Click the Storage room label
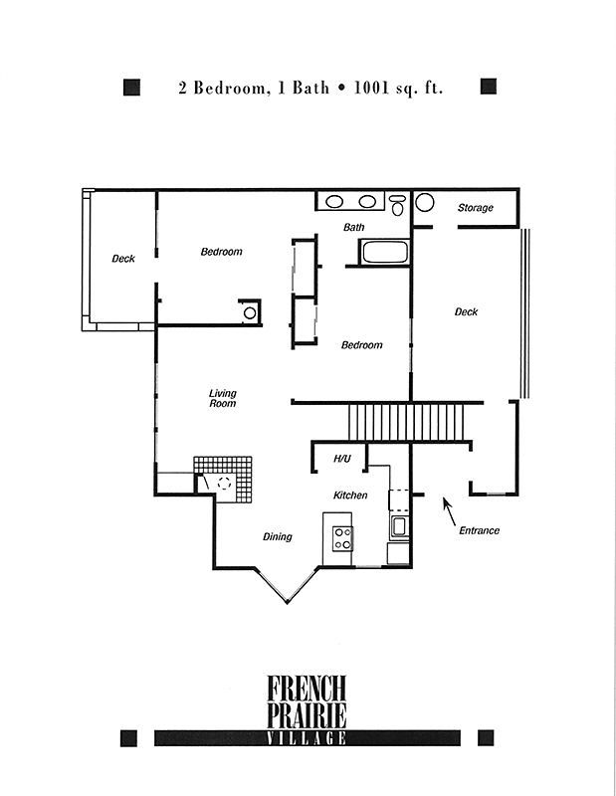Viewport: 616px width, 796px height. (476, 208)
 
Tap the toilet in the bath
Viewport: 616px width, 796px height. (398, 205)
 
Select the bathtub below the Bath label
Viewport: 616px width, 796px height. (384, 253)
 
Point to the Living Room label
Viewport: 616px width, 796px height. (223, 398)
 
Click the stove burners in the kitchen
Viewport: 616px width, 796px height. (342, 538)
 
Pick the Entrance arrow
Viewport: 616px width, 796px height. (450, 511)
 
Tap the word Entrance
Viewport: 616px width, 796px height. (479, 530)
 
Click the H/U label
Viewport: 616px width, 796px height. (342, 459)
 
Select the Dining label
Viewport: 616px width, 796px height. (278, 536)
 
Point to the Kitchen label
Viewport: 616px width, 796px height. (350, 495)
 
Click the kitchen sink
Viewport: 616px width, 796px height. (399, 527)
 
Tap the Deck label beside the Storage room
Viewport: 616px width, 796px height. (466, 311)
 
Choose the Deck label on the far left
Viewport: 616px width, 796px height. (123, 259)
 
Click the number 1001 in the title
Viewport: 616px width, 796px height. (371, 88)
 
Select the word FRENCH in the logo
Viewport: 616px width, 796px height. (307, 688)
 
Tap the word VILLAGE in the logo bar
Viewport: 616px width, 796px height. (307, 738)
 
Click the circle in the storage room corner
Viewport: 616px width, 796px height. (425, 202)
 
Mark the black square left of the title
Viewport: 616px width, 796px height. (131, 87)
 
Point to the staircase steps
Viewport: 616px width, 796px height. (406, 422)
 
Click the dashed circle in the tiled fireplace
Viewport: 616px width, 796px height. (224, 483)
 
